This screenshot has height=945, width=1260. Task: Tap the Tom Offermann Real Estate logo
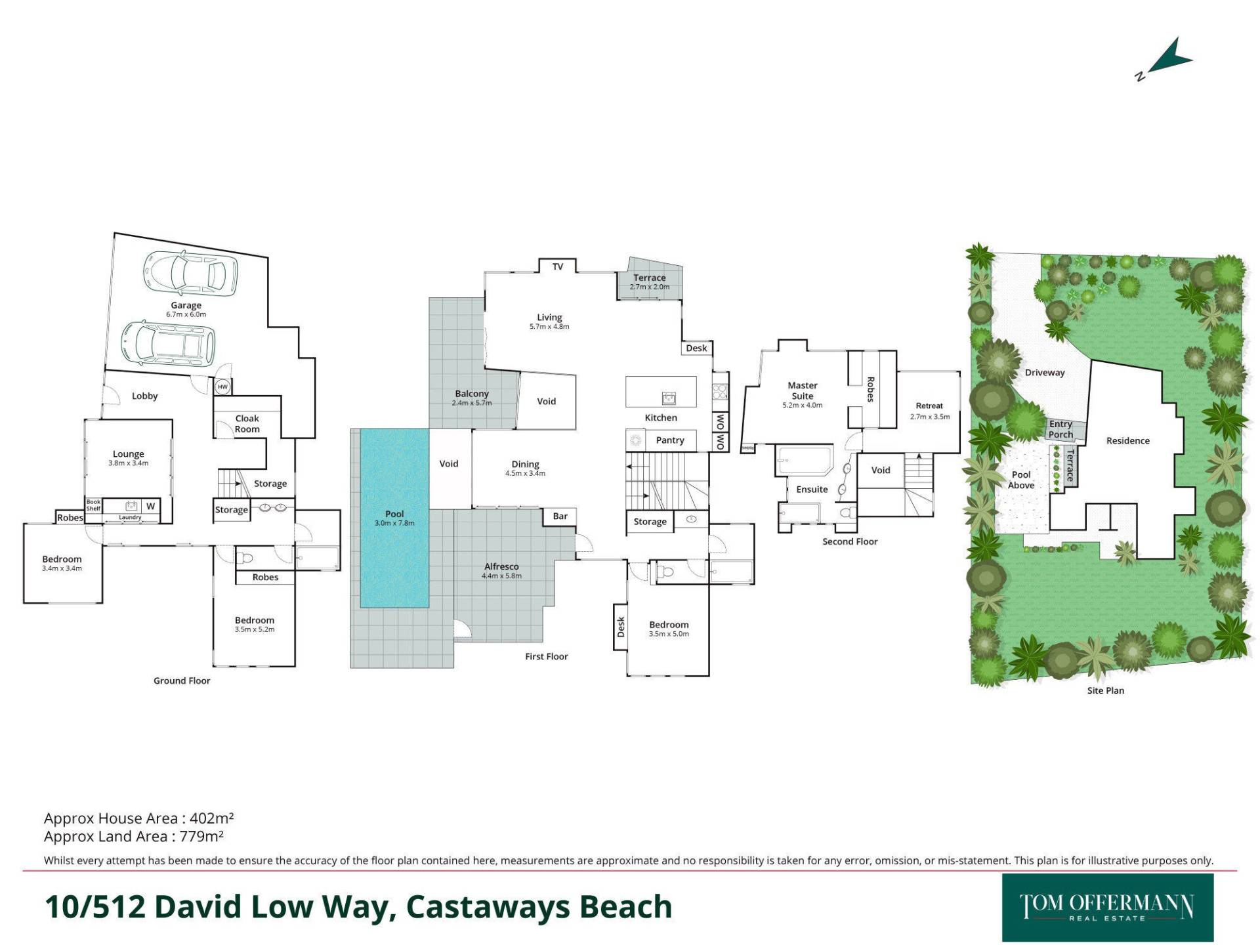point(1107,907)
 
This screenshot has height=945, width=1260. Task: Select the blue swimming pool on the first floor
point(394,518)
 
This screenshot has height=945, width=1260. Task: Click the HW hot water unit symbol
point(222,387)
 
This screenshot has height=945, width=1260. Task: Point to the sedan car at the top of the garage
point(190,271)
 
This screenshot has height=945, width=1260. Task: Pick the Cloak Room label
point(247,424)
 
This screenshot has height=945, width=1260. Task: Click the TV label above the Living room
point(558,266)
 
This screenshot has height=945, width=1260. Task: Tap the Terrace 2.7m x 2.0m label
point(650,282)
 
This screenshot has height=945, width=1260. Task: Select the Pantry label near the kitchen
point(670,440)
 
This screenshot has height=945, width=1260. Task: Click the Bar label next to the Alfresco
point(560,516)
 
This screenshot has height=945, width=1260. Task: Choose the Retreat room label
point(929,406)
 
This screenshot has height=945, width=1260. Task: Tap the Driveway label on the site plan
point(1045,373)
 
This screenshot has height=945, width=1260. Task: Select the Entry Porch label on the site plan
point(1060,429)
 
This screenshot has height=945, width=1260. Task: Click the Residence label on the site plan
point(1128,441)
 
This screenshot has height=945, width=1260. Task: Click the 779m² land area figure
point(201,836)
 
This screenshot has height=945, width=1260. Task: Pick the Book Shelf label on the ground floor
point(93,505)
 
